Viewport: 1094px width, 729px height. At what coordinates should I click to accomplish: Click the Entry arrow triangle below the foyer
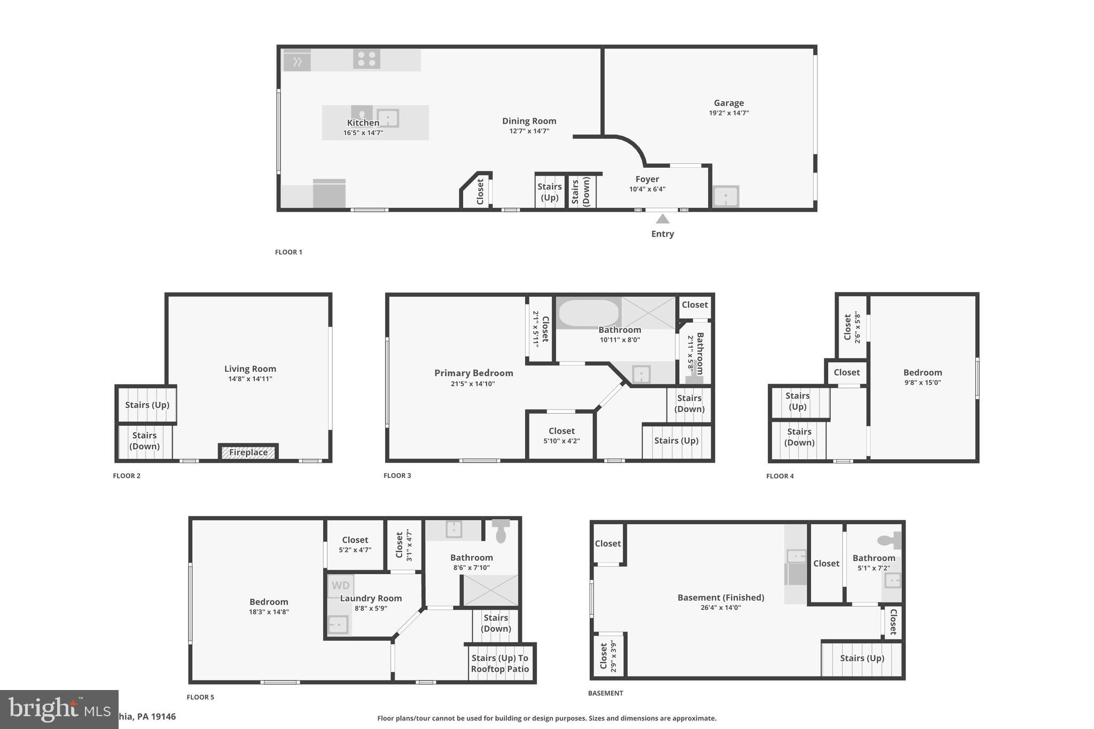click(662, 219)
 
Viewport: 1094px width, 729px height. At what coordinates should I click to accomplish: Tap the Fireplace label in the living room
click(248, 452)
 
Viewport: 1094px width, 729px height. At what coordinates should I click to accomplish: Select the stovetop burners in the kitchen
click(366, 59)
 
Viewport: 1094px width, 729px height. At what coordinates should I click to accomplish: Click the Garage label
click(729, 103)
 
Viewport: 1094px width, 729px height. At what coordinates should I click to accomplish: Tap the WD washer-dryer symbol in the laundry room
click(340, 585)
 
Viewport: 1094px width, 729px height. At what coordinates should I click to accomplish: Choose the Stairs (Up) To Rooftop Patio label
click(500, 663)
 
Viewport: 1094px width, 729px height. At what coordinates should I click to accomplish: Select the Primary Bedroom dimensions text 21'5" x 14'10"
click(473, 383)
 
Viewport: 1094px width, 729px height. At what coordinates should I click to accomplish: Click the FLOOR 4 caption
click(780, 476)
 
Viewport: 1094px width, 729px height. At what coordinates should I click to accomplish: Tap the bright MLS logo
click(59, 709)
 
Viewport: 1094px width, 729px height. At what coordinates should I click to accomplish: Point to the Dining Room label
click(529, 121)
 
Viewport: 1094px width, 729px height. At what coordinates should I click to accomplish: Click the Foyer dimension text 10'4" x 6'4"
click(647, 189)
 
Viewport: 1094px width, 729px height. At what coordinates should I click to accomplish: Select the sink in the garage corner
click(726, 197)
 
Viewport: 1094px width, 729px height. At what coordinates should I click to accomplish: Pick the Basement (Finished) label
click(721, 598)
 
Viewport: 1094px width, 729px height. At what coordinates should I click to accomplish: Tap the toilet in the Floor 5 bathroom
click(501, 531)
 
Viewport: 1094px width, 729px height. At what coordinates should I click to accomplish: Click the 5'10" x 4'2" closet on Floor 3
click(561, 435)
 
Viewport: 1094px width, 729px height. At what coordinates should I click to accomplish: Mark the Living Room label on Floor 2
click(250, 369)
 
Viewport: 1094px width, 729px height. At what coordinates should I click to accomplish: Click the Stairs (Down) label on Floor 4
click(799, 437)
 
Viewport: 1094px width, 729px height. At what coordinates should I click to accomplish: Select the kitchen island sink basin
click(387, 117)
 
